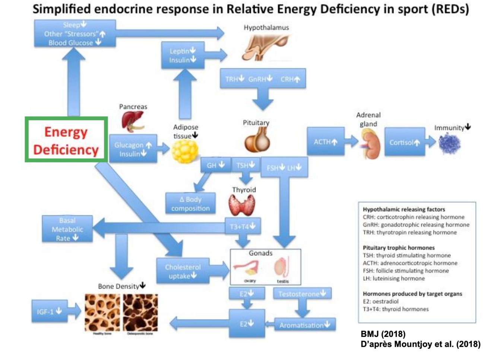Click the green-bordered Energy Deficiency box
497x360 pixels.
pos(66,140)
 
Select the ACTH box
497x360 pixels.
pos(325,141)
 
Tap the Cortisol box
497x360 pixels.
pos(405,142)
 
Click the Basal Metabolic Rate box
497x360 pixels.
pos(67,229)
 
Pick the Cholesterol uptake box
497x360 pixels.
pos(183,271)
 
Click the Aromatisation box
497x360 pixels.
pos(304,325)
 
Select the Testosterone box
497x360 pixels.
pos(302,294)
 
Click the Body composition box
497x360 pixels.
pos(190,204)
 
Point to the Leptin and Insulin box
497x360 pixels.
pos(183,55)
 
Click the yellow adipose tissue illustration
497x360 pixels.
pos(185,151)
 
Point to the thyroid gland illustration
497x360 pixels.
pos(242,205)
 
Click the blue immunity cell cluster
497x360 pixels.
pos(449,144)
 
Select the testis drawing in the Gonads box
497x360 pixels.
pos(281,267)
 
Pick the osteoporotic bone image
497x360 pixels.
pos(140,312)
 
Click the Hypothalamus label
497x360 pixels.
pos(266,28)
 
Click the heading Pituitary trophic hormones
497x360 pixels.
pos(399,248)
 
